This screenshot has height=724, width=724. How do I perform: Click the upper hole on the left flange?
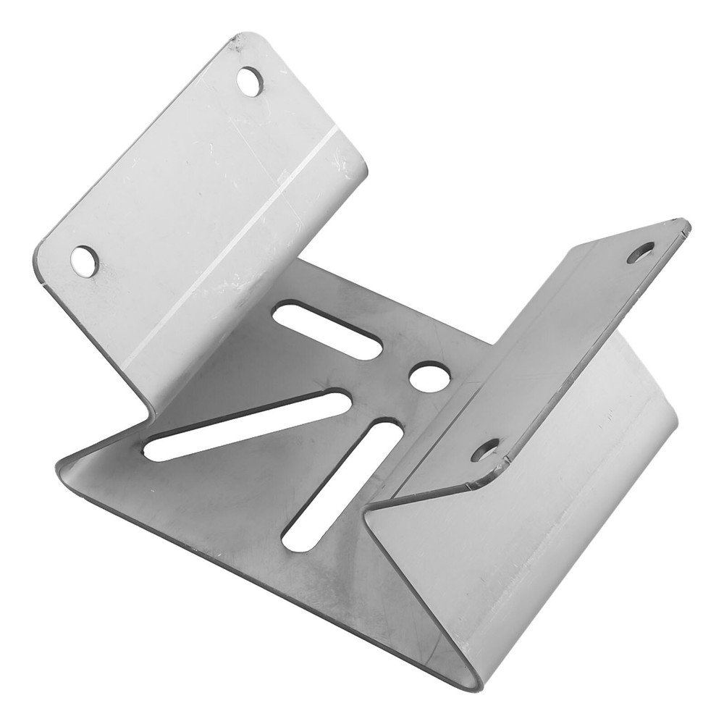250,81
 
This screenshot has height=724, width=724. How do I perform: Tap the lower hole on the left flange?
85,261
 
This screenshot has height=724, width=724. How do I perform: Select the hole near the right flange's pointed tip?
641,252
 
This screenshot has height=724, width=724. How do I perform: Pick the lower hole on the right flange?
485,450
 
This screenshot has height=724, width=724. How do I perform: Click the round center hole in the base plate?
429,376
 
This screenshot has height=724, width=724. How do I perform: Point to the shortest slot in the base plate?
327,330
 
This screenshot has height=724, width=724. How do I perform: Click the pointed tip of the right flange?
686,226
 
